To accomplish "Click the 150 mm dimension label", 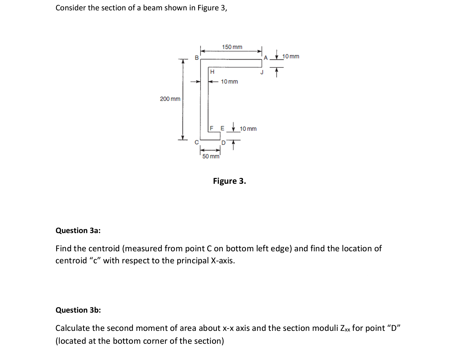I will click(x=232, y=47).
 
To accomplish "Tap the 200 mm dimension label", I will click(x=170, y=99).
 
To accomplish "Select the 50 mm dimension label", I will click(x=211, y=156).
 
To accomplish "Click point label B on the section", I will click(x=196, y=58).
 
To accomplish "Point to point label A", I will click(x=266, y=58).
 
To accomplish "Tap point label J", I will click(x=262, y=72).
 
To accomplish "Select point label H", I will click(x=212, y=72).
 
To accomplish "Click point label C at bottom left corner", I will click(x=196, y=142).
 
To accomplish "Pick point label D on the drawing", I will click(x=223, y=143).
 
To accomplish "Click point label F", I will click(x=212, y=128).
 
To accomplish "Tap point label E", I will click(x=222, y=128).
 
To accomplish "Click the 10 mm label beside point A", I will click(x=291, y=56).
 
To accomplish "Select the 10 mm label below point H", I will click(x=229, y=82).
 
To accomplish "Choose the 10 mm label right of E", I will click(x=248, y=129).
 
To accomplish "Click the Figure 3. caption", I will click(x=230, y=181).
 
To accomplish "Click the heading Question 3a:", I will click(x=78, y=230).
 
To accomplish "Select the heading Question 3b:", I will click(x=78, y=310).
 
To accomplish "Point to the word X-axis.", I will click(x=223, y=261).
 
